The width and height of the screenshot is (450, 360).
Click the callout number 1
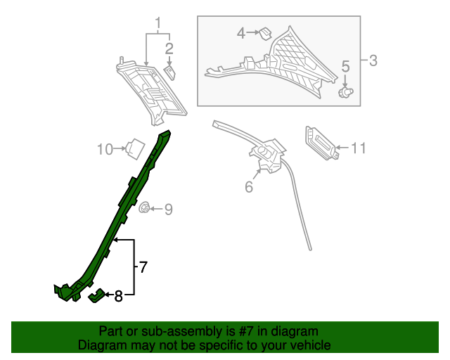(158, 23)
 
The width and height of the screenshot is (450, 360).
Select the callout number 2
(169, 48)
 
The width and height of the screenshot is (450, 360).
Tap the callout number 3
(373, 60)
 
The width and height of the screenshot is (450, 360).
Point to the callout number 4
(241, 32)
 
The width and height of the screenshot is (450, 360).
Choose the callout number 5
(345, 67)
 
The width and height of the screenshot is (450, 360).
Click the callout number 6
(249, 187)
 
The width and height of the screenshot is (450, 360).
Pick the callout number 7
(143, 266)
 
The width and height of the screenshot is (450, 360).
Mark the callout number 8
(118, 296)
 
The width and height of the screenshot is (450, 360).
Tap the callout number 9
(168, 209)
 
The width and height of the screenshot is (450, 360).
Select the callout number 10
(105, 148)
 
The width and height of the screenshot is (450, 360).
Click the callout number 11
(359, 148)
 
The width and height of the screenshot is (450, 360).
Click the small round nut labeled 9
(145, 208)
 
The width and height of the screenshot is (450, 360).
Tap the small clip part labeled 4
(266, 32)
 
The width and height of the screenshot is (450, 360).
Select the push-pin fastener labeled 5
(345, 91)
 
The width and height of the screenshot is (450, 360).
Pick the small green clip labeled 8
(97, 296)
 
